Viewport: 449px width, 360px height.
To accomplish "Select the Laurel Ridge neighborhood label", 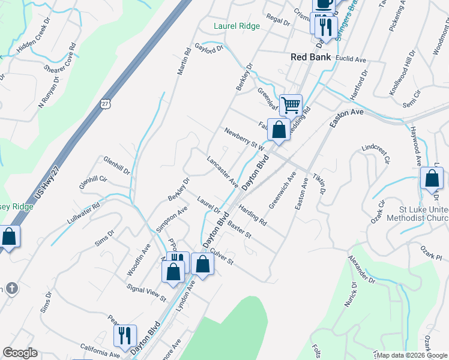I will pos(237,26).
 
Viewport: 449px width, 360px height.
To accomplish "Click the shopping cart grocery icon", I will pos(291,106).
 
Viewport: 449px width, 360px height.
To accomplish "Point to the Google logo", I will pos(20,353).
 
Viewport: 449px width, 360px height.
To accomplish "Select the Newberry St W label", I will pos(244,139).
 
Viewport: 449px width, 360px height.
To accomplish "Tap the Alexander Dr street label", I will pos(361,270).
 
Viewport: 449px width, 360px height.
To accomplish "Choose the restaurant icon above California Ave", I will pos(125,335).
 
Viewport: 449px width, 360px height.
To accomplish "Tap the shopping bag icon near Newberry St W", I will pos(279,130).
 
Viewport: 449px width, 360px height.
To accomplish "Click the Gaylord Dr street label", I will pos(209,47).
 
